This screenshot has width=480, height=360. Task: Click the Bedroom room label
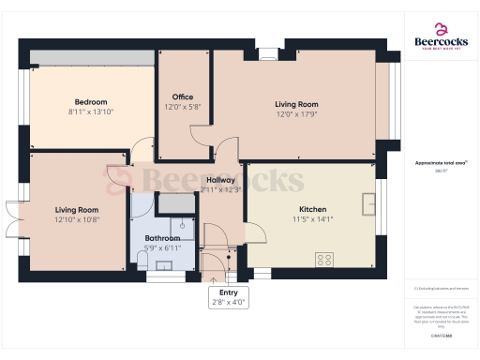(91, 102)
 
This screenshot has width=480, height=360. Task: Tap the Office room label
(182, 97)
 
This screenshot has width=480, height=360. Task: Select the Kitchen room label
(312, 209)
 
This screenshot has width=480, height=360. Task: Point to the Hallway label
(221, 180)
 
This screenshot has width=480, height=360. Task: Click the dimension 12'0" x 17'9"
(296, 114)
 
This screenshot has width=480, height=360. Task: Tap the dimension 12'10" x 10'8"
(77, 219)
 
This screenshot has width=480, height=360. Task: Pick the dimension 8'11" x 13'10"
(91, 112)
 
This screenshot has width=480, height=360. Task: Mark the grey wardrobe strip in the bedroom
(91, 57)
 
